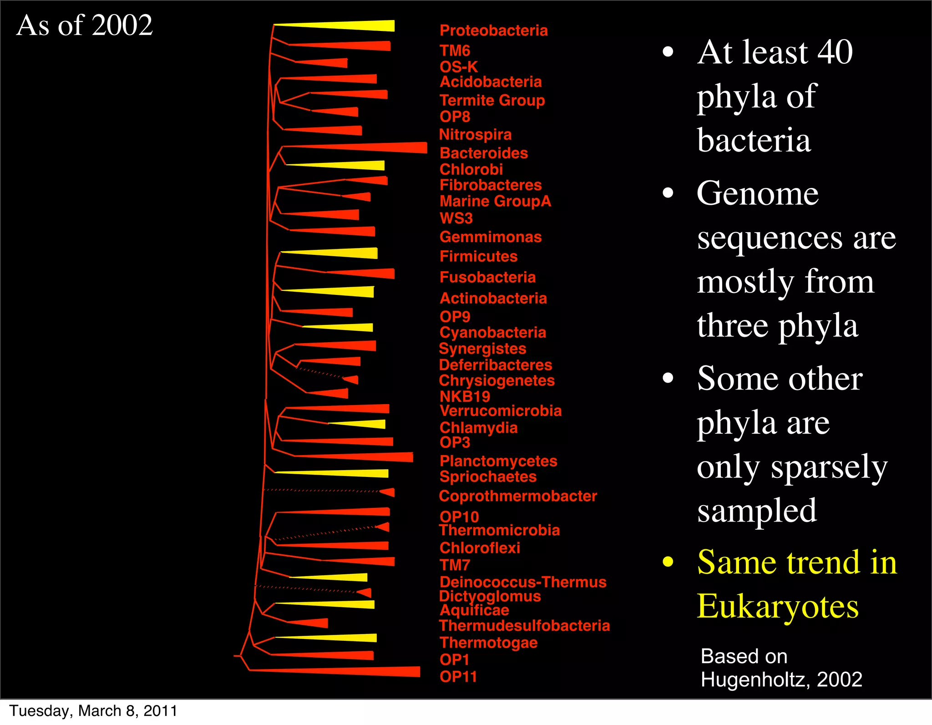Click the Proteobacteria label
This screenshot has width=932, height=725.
pyautogui.click(x=493, y=30)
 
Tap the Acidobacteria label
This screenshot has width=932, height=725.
pyautogui.click(x=491, y=82)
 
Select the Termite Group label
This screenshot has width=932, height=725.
pyautogui.click(x=492, y=100)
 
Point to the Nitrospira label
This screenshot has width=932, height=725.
pyautogui.click(x=475, y=135)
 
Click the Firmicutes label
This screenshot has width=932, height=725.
pyautogui.click(x=478, y=256)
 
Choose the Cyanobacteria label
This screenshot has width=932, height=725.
pyautogui.click(x=492, y=332)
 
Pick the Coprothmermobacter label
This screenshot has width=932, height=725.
pyautogui.click(x=517, y=496)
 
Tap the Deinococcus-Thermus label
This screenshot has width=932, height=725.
pyautogui.click(x=523, y=582)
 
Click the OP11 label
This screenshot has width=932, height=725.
pyautogui.click(x=458, y=677)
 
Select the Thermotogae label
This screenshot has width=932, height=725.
pyautogui.click(x=488, y=643)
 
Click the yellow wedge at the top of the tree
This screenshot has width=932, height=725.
pyautogui.click(x=355, y=26)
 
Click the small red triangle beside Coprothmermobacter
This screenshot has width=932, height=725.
pyautogui.click(x=388, y=492)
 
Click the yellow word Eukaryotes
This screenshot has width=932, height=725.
pyautogui.click(x=777, y=607)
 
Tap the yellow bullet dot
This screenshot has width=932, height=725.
pyautogui.click(x=668, y=562)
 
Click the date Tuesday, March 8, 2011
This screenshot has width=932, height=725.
pyautogui.click(x=93, y=711)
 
